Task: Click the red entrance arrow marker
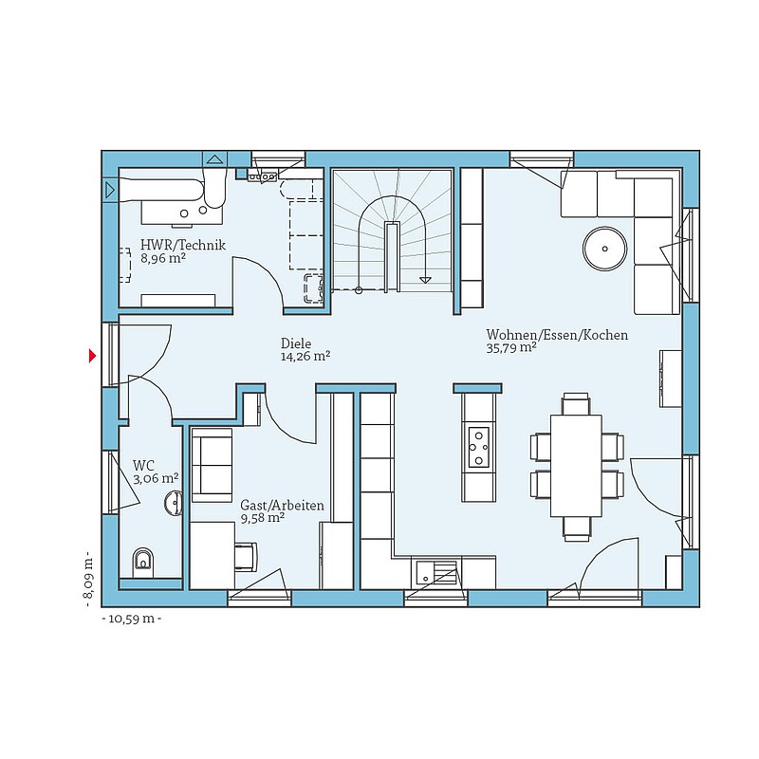pos(92,357)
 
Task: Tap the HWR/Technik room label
pos(183,245)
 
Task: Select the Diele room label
pos(296,343)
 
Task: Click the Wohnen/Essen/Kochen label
pos(557,335)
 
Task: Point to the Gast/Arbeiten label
pos(282,506)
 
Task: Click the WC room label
pos(143,466)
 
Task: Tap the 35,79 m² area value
pos(511,347)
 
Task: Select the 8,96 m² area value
pos(163,258)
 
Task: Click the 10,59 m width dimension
pos(132,619)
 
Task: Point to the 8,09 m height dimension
pos(87,579)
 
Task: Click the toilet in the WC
pos(142,562)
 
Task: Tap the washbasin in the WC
pos(174,504)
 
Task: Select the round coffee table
pos(604,249)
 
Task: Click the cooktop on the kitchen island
pos(479,447)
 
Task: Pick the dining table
pos(576,466)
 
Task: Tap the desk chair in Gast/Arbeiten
pos(246,557)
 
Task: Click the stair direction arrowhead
pos(425,280)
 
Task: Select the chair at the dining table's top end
pos(576,404)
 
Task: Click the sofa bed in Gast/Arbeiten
pos(212,466)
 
